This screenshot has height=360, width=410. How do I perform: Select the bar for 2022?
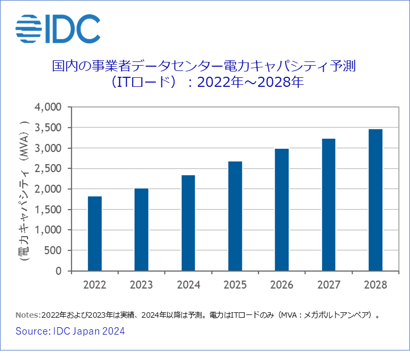tap(95, 233)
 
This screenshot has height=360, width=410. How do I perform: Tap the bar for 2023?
tap(141, 230)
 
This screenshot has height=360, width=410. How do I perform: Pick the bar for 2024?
tap(188, 223)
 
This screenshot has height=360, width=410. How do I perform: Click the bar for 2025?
tap(235, 216)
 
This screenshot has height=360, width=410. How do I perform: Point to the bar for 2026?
tap(281, 210)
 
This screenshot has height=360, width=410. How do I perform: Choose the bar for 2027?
tap(328, 205)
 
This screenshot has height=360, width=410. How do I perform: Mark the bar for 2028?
tap(375, 200)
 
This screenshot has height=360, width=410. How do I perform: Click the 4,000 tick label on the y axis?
tap(48, 107)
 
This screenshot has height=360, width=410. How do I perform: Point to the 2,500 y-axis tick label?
tap(48, 169)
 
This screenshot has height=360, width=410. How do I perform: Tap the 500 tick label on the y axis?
tap(53, 250)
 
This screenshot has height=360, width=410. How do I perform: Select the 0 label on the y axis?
tap(59, 271)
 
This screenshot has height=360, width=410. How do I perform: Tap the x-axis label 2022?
tap(95, 285)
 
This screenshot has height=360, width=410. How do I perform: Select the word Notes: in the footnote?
tap(28, 314)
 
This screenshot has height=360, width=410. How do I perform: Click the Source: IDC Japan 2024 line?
tap(70, 331)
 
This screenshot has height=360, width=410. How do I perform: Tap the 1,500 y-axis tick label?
tap(48, 210)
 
